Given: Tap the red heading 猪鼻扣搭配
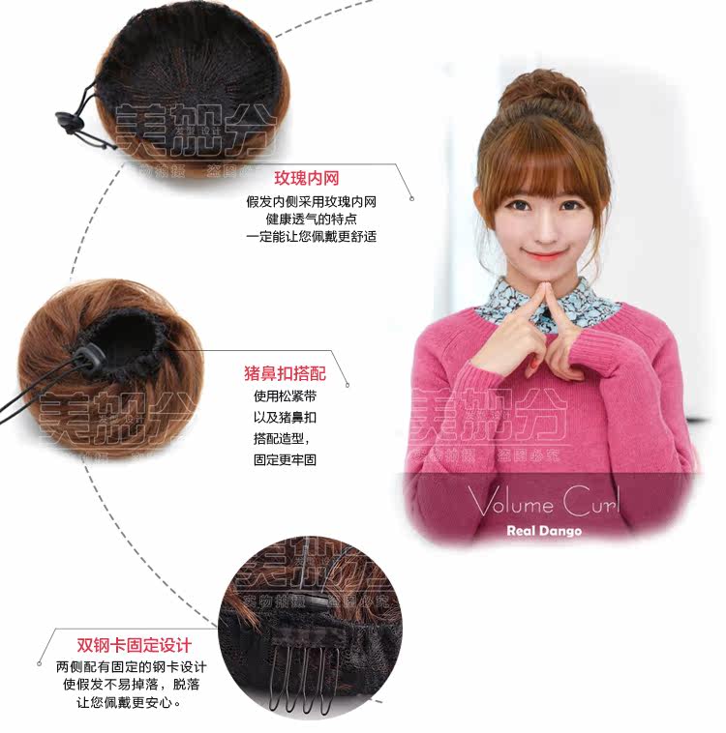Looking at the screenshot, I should click(285, 373).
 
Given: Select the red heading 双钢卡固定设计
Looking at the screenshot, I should click(135, 646).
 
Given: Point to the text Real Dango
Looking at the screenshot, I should click(543, 530).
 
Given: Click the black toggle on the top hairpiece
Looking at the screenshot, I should click(69, 121).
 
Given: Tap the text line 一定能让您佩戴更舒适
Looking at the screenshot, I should click(311, 237).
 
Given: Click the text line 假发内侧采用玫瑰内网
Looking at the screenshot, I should click(311, 201).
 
